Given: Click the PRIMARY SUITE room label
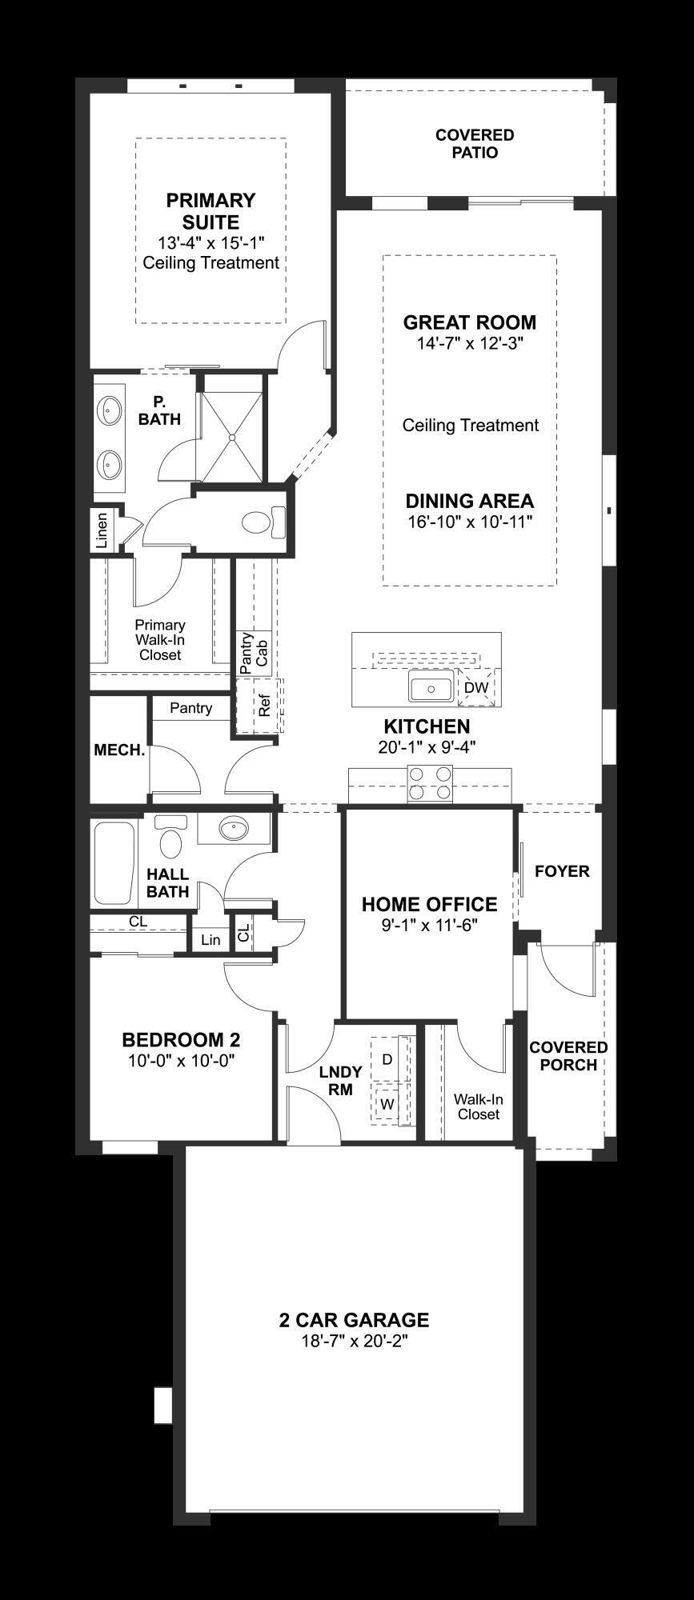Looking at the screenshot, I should click(211, 211).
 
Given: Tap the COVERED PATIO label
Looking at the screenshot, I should click(475, 144).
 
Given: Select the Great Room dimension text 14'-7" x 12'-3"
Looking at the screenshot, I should click(469, 344).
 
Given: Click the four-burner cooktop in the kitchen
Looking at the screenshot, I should click(430, 783).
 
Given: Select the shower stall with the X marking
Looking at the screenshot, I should click(231, 438).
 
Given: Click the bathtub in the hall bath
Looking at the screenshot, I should click(113, 863).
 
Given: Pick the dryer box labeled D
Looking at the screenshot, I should click(387, 1059).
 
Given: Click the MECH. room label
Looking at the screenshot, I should click(119, 750).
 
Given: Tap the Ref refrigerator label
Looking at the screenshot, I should click(264, 706).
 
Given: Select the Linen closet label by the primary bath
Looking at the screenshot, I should click(102, 530).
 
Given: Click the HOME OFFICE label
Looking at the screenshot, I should click(429, 905).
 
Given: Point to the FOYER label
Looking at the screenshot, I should click(561, 871).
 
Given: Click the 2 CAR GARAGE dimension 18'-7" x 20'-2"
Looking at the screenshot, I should click(354, 1342).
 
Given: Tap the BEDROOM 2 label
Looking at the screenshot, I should click(181, 1040).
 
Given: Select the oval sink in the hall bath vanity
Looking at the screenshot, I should click(234, 830).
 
